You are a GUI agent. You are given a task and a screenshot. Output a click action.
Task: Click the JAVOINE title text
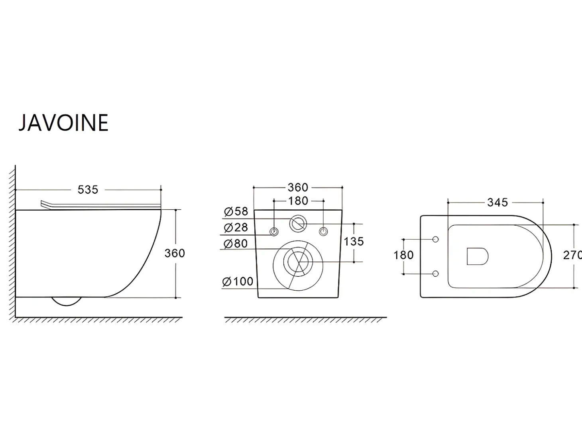(63, 122)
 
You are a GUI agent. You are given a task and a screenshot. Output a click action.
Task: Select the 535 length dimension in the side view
(88, 190)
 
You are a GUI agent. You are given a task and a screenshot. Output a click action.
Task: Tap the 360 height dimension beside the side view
(175, 253)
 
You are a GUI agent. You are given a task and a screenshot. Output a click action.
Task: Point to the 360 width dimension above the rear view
(298, 187)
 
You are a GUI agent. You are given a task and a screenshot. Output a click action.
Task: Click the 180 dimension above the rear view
(298, 201)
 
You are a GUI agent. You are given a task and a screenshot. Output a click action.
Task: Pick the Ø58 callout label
(236, 211)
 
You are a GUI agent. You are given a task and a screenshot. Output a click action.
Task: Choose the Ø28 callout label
(236, 228)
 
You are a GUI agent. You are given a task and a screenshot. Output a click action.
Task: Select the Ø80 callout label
(236, 244)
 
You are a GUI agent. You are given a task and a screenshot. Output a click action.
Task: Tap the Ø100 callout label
(238, 281)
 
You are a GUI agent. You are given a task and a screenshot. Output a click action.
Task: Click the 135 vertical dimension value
(354, 242)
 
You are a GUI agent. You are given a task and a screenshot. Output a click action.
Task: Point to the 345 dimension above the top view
(497, 203)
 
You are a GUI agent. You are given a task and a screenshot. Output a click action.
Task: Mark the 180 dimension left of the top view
(403, 255)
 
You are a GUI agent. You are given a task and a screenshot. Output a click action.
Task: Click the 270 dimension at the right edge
(573, 255)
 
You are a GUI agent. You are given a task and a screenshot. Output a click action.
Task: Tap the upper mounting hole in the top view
(435, 240)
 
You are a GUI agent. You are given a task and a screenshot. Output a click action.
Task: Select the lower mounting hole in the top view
(435, 274)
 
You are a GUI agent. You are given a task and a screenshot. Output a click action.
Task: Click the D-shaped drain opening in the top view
(477, 256)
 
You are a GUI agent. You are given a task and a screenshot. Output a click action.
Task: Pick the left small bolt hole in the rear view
(274, 232)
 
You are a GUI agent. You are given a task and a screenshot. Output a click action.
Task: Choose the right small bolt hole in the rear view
(323, 232)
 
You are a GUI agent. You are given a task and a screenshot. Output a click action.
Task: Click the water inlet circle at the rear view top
(298, 224)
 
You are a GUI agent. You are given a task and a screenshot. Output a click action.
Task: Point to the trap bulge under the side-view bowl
(67, 302)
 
